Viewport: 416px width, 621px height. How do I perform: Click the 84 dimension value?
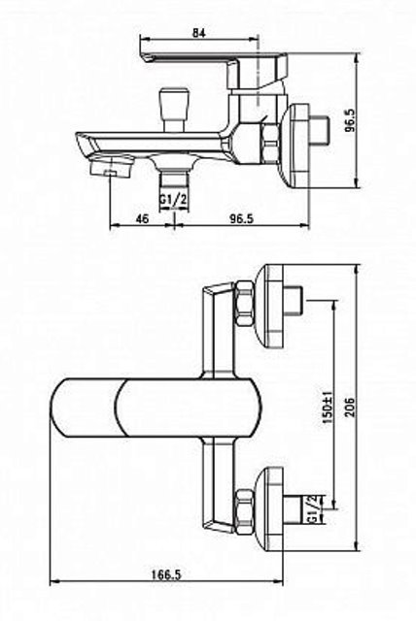point(199,32)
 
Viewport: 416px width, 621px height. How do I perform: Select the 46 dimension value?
point(142,218)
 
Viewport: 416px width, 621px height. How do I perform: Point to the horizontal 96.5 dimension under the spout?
point(241,218)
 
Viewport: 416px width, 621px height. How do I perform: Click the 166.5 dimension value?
point(166,574)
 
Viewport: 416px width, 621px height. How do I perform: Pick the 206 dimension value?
point(351,407)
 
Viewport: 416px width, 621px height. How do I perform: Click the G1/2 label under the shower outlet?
point(173,200)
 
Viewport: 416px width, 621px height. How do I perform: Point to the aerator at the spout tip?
point(111,166)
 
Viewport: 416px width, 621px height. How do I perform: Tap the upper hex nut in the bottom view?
point(245,304)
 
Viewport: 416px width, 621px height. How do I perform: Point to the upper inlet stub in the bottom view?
point(294,300)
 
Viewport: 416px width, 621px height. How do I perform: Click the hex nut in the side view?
point(269,144)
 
